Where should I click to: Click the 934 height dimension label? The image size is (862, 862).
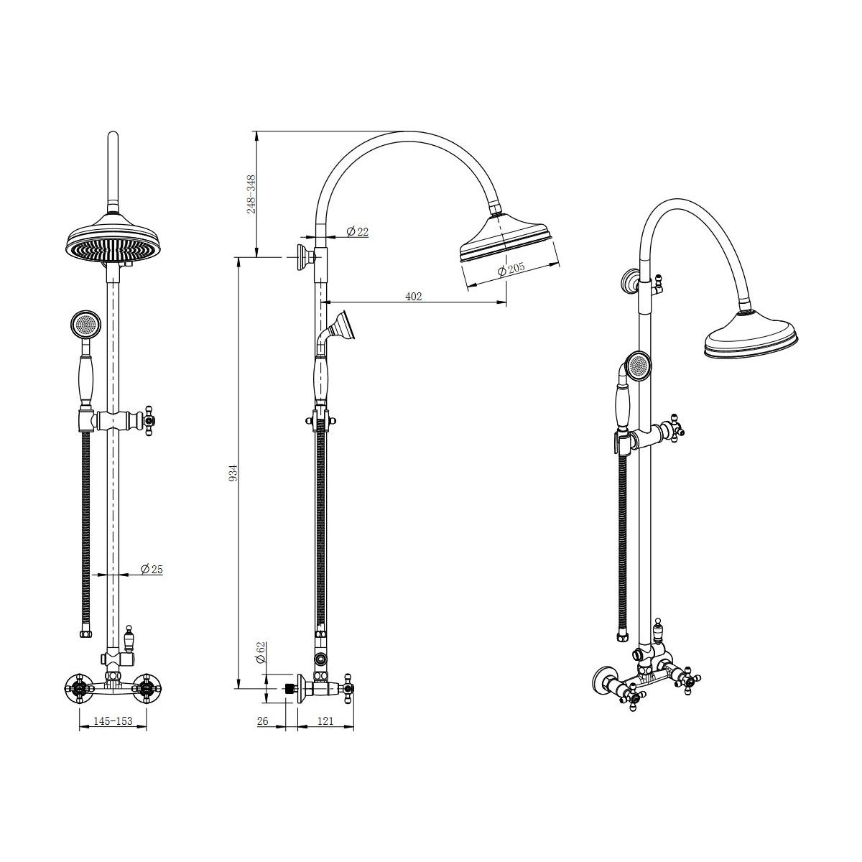(x=233, y=473)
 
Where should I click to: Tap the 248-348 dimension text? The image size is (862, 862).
(x=251, y=194)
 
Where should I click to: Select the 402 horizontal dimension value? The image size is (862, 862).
(x=413, y=296)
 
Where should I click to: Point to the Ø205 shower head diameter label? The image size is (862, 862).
(x=511, y=269)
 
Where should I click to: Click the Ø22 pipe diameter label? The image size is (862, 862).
(x=358, y=231)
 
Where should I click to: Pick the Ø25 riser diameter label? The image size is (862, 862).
(x=152, y=570)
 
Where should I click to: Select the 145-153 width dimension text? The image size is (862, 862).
(x=113, y=721)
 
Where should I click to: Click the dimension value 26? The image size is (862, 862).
(x=263, y=721)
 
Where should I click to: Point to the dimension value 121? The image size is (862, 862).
(x=325, y=721)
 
